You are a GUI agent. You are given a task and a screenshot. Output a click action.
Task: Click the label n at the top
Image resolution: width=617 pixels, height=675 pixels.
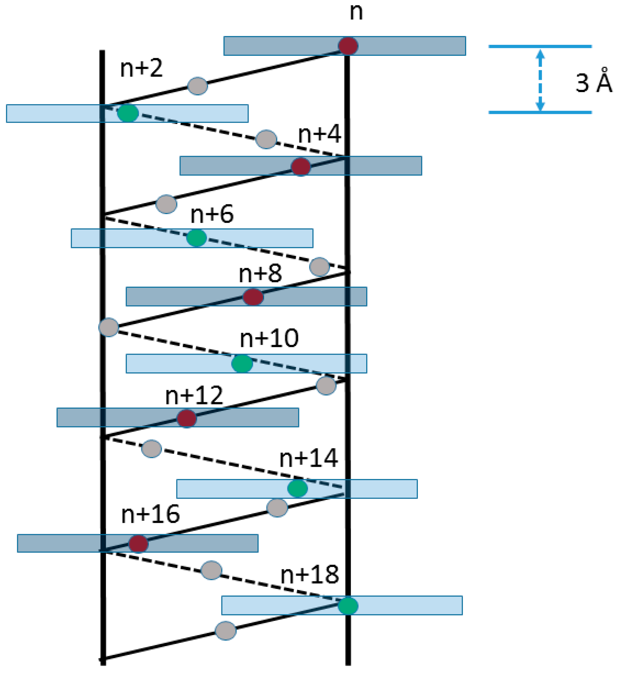[356, 13]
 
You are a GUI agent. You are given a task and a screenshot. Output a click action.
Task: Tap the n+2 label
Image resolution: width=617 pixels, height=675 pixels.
[141, 68]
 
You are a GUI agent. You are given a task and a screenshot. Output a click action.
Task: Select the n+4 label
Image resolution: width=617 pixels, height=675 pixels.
[320, 134]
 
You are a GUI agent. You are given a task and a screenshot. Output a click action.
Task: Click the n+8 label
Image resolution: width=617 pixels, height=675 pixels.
[260, 273]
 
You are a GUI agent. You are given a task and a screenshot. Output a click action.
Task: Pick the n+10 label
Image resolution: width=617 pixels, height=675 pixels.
[269, 339]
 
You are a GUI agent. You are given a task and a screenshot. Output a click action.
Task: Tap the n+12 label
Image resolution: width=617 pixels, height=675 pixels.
[194, 396]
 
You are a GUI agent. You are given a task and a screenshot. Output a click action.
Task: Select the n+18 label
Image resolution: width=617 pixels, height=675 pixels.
[310, 574]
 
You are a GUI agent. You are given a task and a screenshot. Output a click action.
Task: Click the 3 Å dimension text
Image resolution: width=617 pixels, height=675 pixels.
[594, 82]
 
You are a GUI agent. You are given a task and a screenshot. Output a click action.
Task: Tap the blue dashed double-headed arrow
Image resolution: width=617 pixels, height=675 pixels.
[540, 80]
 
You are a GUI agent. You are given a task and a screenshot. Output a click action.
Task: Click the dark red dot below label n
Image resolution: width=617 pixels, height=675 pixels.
[348, 46]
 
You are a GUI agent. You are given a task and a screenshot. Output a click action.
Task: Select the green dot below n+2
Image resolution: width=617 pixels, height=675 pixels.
[128, 113]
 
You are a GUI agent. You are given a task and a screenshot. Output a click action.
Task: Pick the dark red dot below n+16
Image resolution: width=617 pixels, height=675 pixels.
[138, 543]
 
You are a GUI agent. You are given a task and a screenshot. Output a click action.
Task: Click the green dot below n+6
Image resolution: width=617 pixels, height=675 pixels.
[197, 238]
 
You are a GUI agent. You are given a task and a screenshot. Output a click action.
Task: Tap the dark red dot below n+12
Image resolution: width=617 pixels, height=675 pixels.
[187, 418]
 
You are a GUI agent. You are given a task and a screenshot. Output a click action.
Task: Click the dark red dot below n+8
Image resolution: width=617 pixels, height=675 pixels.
[253, 297]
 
